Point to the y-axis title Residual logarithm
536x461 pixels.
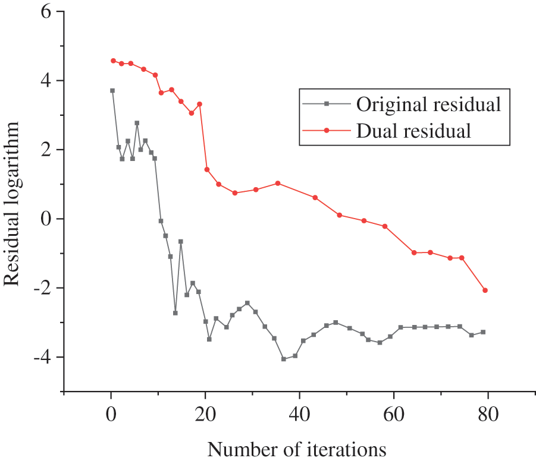click(x=13, y=203)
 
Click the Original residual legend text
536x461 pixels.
click(x=428, y=105)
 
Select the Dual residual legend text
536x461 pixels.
click(x=413, y=130)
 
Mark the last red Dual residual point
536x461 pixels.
click(x=485, y=290)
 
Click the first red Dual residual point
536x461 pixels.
click(x=113, y=61)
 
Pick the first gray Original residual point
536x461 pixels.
click(x=112, y=91)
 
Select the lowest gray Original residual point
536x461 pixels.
click(x=284, y=359)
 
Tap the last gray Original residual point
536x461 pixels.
click(x=483, y=332)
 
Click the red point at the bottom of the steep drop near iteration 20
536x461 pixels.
click(x=207, y=169)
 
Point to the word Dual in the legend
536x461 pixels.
click(x=375, y=130)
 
